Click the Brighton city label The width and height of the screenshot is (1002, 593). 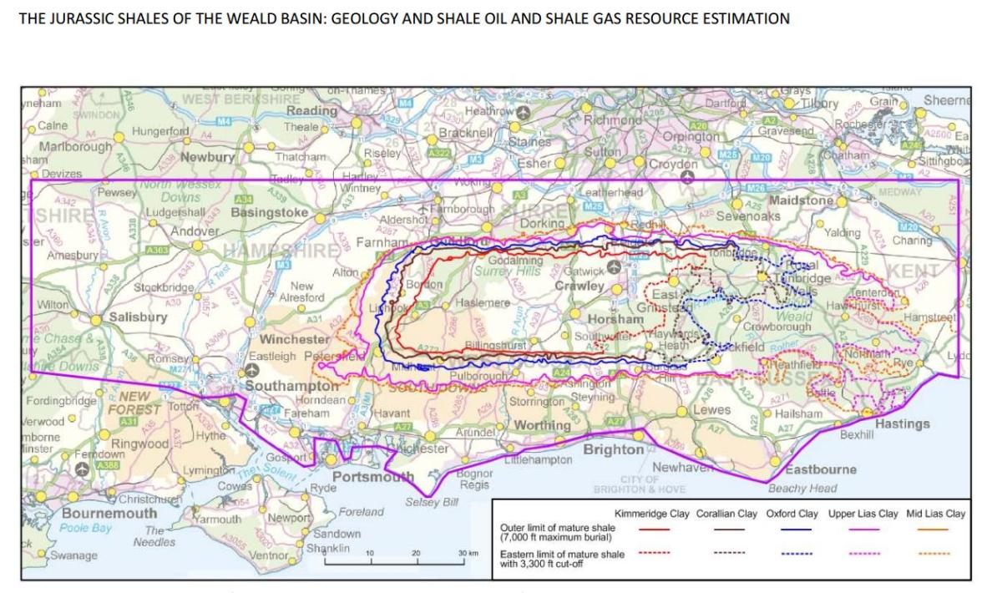point(613,449)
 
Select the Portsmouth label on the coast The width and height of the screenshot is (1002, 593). point(373,477)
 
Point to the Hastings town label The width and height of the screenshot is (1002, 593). point(902,424)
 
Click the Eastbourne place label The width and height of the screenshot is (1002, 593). point(821,469)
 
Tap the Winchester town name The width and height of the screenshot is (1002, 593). point(297,340)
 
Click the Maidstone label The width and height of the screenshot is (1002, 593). point(802,201)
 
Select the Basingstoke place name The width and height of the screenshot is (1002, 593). point(269,212)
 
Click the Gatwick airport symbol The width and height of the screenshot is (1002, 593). point(614,267)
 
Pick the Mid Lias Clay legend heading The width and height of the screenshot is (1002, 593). point(935,513)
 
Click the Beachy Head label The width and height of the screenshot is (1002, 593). point(802,489)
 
